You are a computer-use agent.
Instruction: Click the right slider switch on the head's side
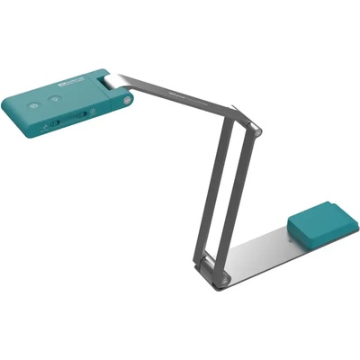(x=83, y=113)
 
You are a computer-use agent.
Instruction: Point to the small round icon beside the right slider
(x=94, y=112)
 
